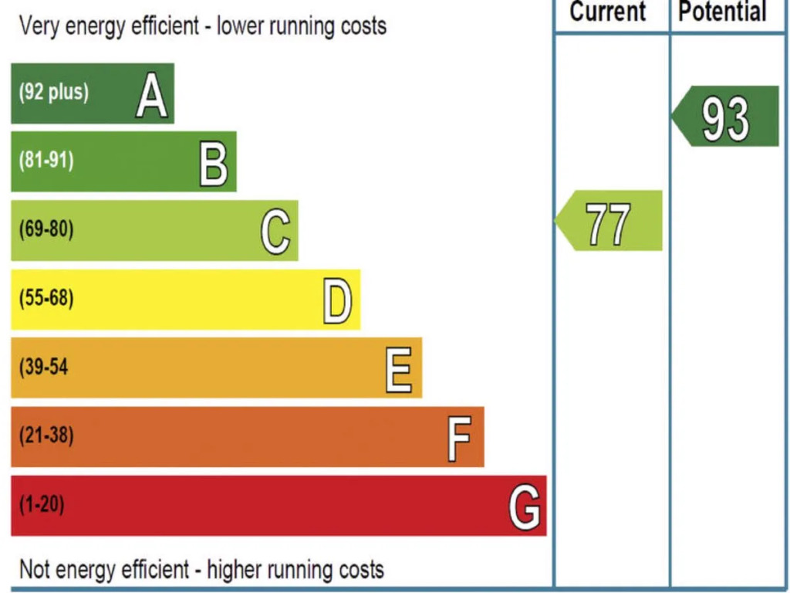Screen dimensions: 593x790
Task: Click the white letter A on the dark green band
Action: (151, 97)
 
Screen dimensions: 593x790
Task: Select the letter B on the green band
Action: (214, 164)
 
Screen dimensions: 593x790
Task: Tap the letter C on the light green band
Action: (275, 232)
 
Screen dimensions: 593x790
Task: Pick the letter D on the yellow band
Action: (337, 302)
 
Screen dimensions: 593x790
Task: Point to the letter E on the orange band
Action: (399, 370)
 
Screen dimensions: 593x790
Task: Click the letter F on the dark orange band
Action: (459, 439)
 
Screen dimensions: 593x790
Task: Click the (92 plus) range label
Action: (54, 93)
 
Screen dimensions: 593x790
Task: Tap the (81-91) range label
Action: (46, 161)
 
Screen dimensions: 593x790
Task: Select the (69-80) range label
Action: (46, 229)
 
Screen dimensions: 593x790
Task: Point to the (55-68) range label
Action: (46, 298)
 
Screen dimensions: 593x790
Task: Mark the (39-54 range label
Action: (44, 367)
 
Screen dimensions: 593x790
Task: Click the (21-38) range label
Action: (46, 435)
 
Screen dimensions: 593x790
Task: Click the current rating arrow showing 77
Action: (609, 222)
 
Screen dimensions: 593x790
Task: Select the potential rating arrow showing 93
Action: (725, 117)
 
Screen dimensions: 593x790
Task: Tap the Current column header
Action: (608, 12)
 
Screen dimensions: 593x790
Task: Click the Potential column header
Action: (723, 12)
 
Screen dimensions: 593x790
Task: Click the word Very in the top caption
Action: (39, 26)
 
